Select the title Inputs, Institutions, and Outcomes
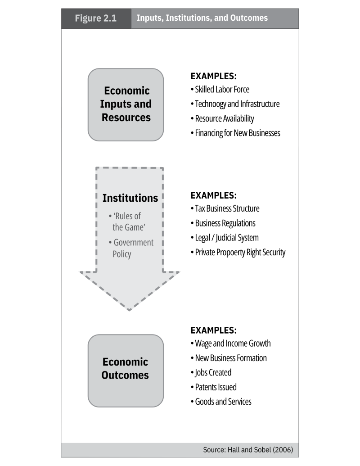pos(202,18)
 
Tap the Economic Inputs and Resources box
pos(126,104)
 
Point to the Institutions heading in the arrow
pos(130,198)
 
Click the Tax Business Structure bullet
pos(226,209)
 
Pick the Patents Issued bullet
pos(215,387)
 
